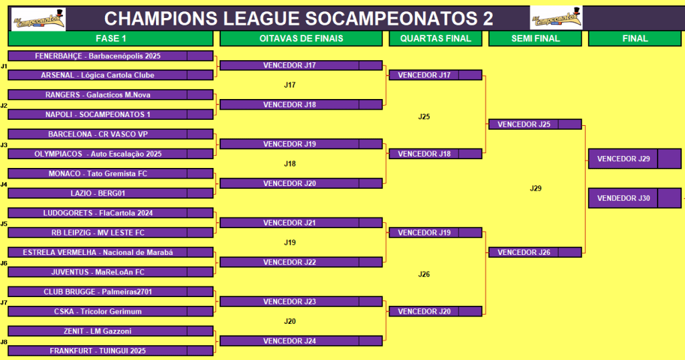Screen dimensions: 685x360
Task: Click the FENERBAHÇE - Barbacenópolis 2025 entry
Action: (110, 56)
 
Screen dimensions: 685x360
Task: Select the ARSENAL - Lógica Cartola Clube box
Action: (110, 75)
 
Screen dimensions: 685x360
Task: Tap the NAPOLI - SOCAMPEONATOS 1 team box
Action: (110, 114)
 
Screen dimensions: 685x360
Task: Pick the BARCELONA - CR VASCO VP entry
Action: (110, 134)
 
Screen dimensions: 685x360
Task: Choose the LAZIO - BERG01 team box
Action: (110, 193)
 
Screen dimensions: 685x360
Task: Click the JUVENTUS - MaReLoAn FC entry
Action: (110, 272)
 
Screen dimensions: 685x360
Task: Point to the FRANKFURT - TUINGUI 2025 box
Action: (110, 351)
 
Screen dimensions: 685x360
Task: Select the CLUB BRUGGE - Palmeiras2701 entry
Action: (110, 292)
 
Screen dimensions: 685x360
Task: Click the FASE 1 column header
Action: (110, 38)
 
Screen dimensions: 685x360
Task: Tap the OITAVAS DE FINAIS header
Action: (301, 38)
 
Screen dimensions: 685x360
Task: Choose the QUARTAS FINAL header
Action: (435, 38)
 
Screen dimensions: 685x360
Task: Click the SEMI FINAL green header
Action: (535, 38)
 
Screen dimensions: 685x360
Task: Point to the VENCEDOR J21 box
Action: (301, 223)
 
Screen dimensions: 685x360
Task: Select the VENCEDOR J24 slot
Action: (301, 341)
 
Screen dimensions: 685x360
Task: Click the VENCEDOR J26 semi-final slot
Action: (535, 252)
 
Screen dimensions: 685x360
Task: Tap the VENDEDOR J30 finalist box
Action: (635, 198)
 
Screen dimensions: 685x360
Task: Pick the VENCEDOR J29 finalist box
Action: (635, 159)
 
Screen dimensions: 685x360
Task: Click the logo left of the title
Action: (38, 19)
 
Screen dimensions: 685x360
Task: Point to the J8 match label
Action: (4, 342)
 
